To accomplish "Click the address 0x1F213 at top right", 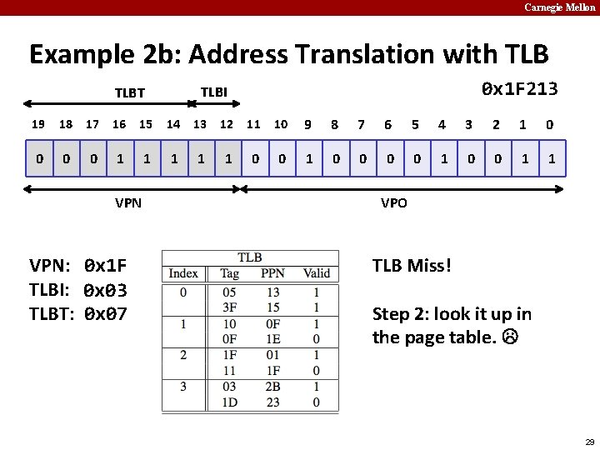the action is pyautogui.click(x=520, y=89).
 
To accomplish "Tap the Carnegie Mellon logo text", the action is pyautogui.click(x=559, y=7).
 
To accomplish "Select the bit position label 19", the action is pyautogui.click(x=37, y=125).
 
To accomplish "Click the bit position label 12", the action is pyautogui.click(x=227, y=125).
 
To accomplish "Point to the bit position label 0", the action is pyautogui.click(x=549, y=125).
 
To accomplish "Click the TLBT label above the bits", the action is pyautogui.click(x=129, y=93).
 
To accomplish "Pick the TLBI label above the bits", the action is pyautogui.click(x=214, y=92).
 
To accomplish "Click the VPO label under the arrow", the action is pyautogui.click(x=394, y=202).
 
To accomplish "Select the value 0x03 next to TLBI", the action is pyautogui.click(x=105, y=290).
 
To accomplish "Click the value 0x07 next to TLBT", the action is pyautogui.click(x=105, y=314).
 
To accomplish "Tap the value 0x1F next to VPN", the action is pyautogui.click(x=105, y=267).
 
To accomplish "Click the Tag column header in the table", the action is pyautogui.click(x=229, y=273).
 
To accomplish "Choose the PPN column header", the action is pyautogui.click(x=272, y=273).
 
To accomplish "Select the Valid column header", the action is pyautogui.click(x=317, y=273).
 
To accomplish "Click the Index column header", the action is pyautogui.click(x=183, y=273).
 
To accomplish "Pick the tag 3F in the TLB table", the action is pyautogui.click(x=229, y=307).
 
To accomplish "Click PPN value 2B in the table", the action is pyautogui.click(x=272, y=387).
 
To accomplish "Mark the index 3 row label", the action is pyautogui.click(x=183, y=387).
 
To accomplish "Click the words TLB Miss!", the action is pyautogui.click(x=412, y=266).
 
